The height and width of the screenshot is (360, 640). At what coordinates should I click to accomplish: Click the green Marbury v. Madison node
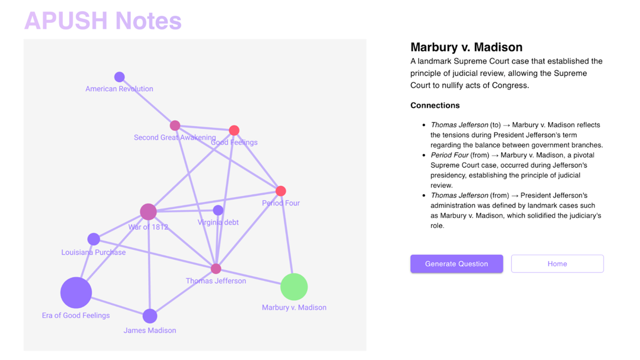(294, 287)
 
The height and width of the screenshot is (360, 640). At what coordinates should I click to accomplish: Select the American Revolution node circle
(119, 77)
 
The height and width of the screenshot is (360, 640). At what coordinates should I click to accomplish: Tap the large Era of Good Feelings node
(76, 292)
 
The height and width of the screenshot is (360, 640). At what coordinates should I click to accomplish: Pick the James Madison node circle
(150, 316)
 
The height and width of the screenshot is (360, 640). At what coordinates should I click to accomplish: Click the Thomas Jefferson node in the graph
(216, 269)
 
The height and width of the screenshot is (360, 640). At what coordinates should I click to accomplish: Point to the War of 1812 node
(148, 212)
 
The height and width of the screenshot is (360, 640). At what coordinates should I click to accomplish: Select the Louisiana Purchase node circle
(93, 239)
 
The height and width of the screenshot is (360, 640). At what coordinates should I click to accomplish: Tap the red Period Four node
(281, 191)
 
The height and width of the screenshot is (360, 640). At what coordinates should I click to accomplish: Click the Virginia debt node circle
(218, 210)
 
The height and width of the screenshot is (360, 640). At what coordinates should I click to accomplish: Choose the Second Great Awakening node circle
(175, 125)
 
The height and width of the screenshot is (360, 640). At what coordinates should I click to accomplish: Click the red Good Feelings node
(234, 130)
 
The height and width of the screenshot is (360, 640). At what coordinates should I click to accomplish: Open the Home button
(557, 264)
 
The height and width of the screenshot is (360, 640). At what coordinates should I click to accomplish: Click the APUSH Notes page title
(103, 21)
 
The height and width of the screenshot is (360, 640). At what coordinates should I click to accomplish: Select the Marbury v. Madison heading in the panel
(466, 47)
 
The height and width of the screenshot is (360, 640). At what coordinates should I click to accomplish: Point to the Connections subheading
(435, 105)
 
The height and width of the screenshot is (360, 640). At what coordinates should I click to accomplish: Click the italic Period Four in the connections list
(449, 155)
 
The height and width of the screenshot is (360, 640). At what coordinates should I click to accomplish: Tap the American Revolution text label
(119, 89)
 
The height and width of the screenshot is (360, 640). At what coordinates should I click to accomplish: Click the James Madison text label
(150, 330)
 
